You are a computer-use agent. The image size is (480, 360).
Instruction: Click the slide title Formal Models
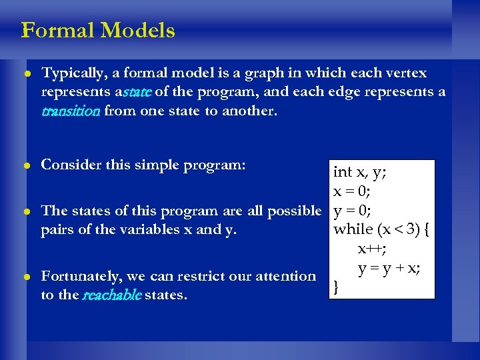tap(98, 31)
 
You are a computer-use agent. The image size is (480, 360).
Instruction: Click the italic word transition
tap(70, 111)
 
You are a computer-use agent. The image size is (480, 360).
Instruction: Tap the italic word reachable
tap(111, 295)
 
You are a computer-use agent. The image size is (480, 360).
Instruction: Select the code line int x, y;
tap(361, 172)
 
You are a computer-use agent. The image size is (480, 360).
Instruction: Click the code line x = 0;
tap(352, 191)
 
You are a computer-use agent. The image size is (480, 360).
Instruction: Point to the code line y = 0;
tap(352, 211)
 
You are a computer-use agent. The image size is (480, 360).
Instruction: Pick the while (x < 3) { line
tap(382, 230)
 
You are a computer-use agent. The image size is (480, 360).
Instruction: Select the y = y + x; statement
tap(389, 268)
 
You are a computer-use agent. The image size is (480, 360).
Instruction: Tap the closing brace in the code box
tap(337, 287)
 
